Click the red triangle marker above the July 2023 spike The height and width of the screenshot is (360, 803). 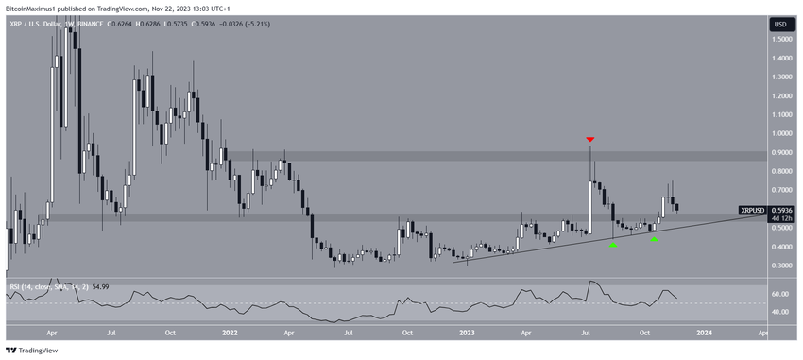pos(590,140)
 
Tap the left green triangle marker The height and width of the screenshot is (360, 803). pos(613,245)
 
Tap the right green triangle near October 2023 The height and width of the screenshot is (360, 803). pos(654,239)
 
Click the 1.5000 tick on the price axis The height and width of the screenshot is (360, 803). pos(780,39)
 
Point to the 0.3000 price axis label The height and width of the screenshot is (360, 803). pos(780,266)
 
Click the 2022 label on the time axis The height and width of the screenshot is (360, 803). pos(230,333)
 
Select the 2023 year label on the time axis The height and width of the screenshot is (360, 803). pos(467,333)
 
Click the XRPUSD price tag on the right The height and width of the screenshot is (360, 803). pos(753,210)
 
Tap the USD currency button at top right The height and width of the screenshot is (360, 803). pos(780,24)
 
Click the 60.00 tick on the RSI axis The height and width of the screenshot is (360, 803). pos(780,294)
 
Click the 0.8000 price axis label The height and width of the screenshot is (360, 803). pos(780,171)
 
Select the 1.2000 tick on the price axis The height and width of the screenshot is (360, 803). pos(780,95)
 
